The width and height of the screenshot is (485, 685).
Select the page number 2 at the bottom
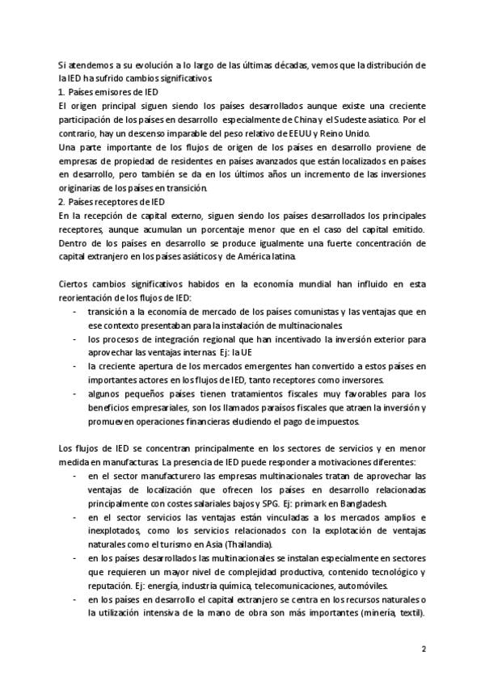tap(424, 649)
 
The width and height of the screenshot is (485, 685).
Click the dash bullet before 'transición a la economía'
tap(75, 310)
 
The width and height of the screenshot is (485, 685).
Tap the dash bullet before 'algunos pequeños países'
tap(75, 393)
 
